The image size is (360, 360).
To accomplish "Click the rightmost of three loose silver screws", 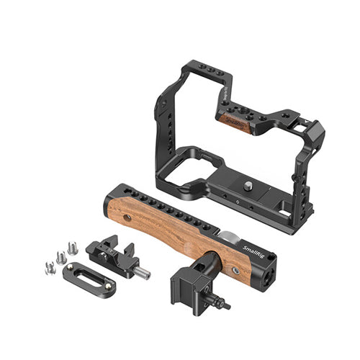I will (x=71, y=247).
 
